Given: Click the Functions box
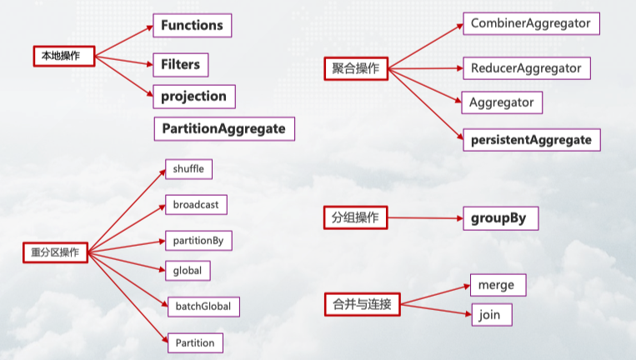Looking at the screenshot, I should click(x=192, y=26).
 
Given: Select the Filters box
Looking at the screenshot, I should click(x=180, y=64).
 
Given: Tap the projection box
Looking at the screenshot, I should click(x=193, y=97).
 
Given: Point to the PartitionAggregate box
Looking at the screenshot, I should click(x=224, y=128).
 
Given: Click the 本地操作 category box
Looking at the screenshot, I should click(x=62, y=57).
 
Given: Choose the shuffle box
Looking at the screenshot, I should click(x=188, y=169).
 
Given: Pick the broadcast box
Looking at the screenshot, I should click(x=195, y=204).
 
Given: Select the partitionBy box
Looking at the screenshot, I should click(x=198, y=240).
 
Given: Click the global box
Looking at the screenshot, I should click(x=188, y=271).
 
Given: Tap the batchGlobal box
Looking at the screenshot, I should click(x=203, y=307).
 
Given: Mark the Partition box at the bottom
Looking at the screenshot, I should click(x=195, y=342).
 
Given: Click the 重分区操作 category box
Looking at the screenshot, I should click(x=55, y=252).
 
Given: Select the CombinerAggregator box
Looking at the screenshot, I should click(x=530, y=23).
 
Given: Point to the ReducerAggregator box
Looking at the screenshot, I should click(x=527, y=68).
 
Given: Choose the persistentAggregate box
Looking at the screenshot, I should click(x=532, y=140).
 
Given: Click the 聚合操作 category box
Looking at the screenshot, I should click(x=355, y=69).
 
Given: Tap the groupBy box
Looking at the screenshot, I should click(x=500, y=219).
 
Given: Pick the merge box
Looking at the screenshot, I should click(x=498, y=285).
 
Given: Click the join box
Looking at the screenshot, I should click(x=491, y=315).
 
